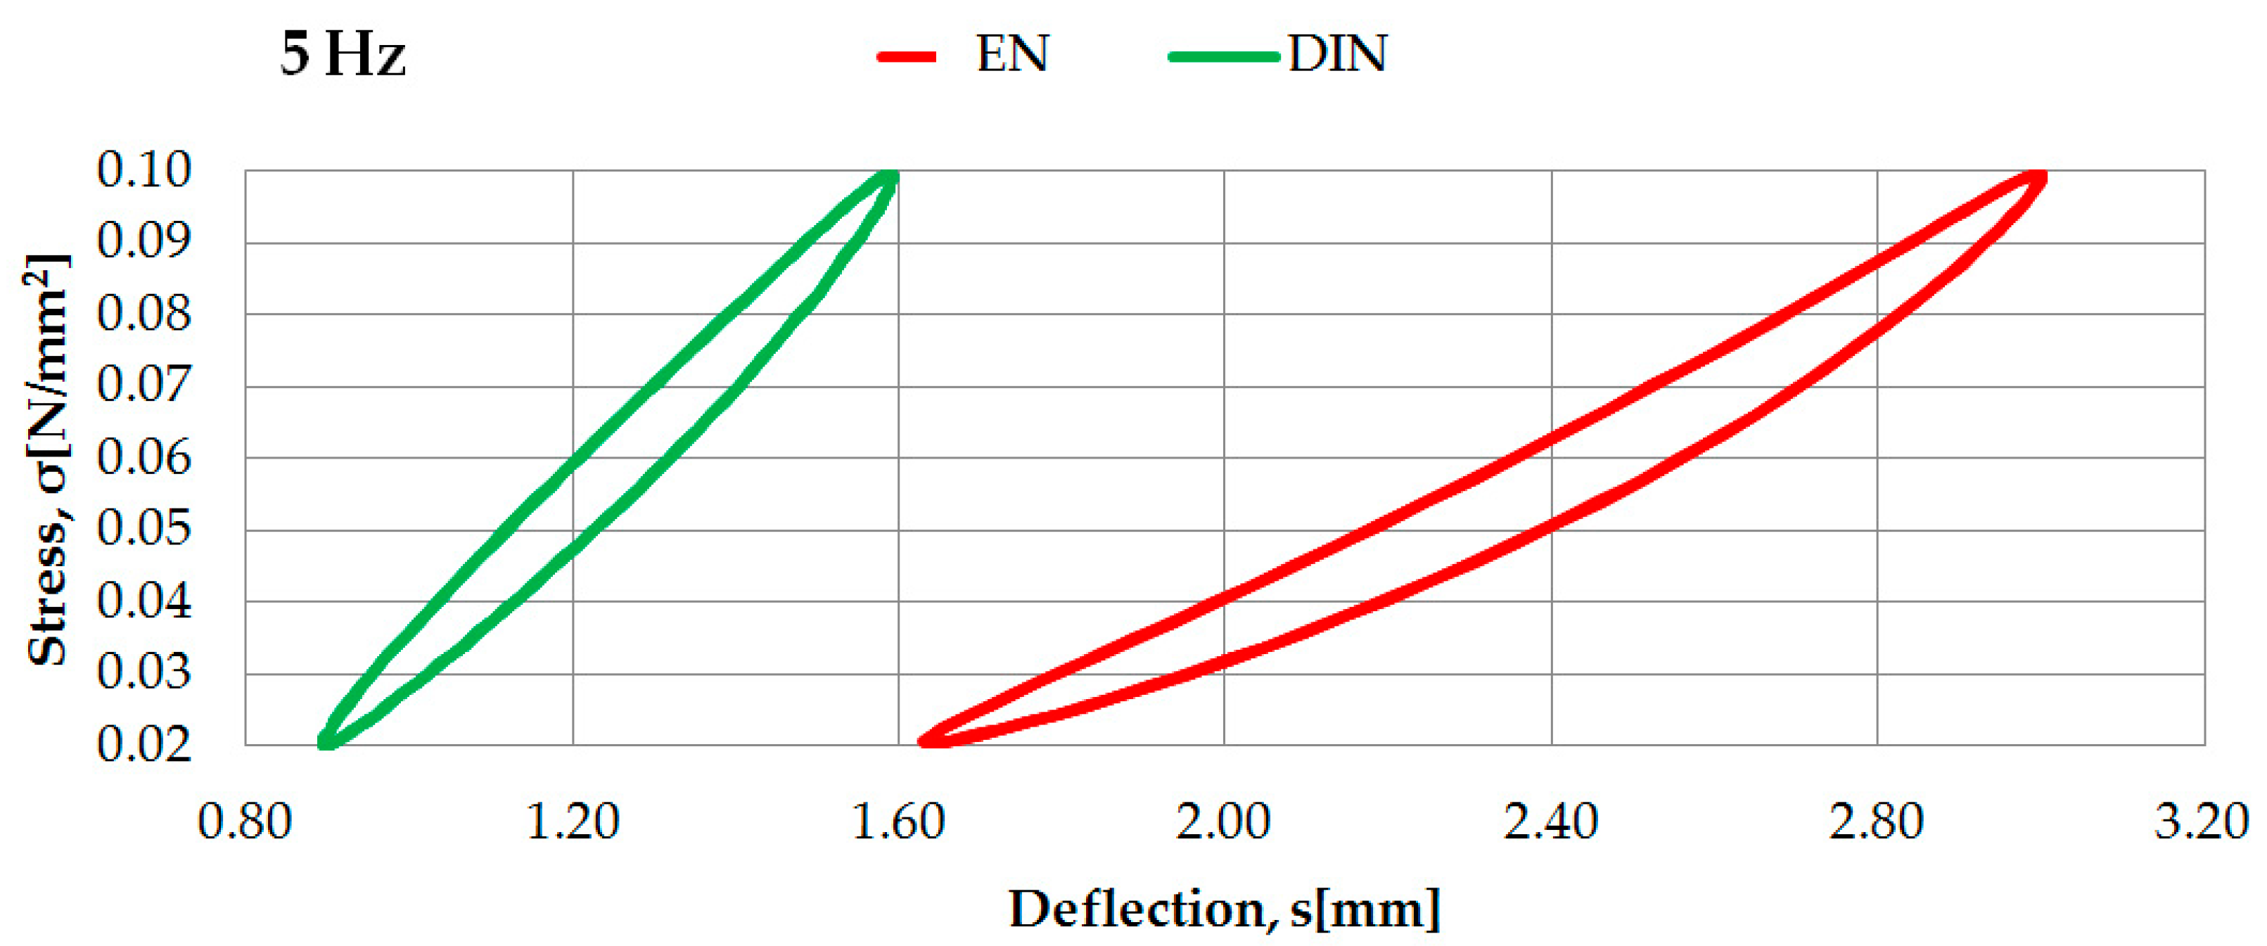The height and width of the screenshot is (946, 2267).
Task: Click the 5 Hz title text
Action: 343,55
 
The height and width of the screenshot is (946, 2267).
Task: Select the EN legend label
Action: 1012,55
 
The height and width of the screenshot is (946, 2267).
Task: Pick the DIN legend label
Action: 1337,55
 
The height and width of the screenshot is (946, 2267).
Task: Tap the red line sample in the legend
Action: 907,57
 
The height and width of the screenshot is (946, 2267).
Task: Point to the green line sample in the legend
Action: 1223,57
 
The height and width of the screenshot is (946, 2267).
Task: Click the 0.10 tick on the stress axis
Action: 143,170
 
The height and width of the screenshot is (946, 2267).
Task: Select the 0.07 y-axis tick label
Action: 143,385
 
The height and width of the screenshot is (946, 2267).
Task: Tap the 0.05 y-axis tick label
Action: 143,529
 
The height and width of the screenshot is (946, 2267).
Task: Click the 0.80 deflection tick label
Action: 245,823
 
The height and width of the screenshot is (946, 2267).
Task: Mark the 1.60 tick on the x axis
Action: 898,823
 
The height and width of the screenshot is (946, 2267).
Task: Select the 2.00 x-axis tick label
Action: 1223,823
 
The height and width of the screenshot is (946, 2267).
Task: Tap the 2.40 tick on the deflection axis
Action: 1551,823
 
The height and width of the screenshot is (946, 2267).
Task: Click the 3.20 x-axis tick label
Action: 2201,823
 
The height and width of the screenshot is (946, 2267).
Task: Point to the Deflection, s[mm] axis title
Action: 1224,909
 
